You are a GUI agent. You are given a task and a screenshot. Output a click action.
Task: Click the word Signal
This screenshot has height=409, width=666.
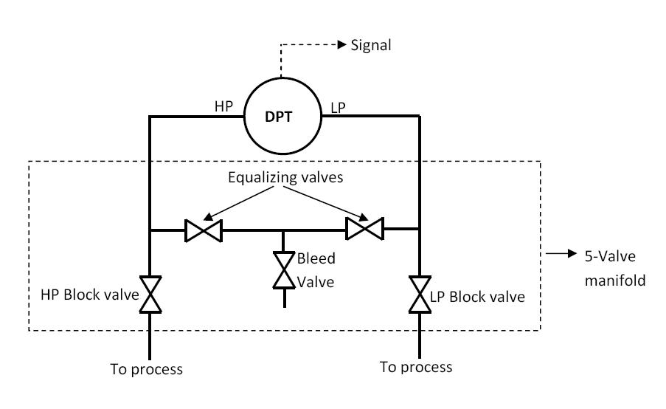point(371,46)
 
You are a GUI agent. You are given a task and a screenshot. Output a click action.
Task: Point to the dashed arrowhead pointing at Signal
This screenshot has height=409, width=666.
point(341,46)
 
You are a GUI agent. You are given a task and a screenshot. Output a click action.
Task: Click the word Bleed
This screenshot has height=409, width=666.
point(316,258)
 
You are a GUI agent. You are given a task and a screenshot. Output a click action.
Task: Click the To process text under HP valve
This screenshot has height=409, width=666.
point(145,368)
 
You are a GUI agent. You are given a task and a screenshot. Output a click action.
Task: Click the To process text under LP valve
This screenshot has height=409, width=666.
point(416,366)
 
